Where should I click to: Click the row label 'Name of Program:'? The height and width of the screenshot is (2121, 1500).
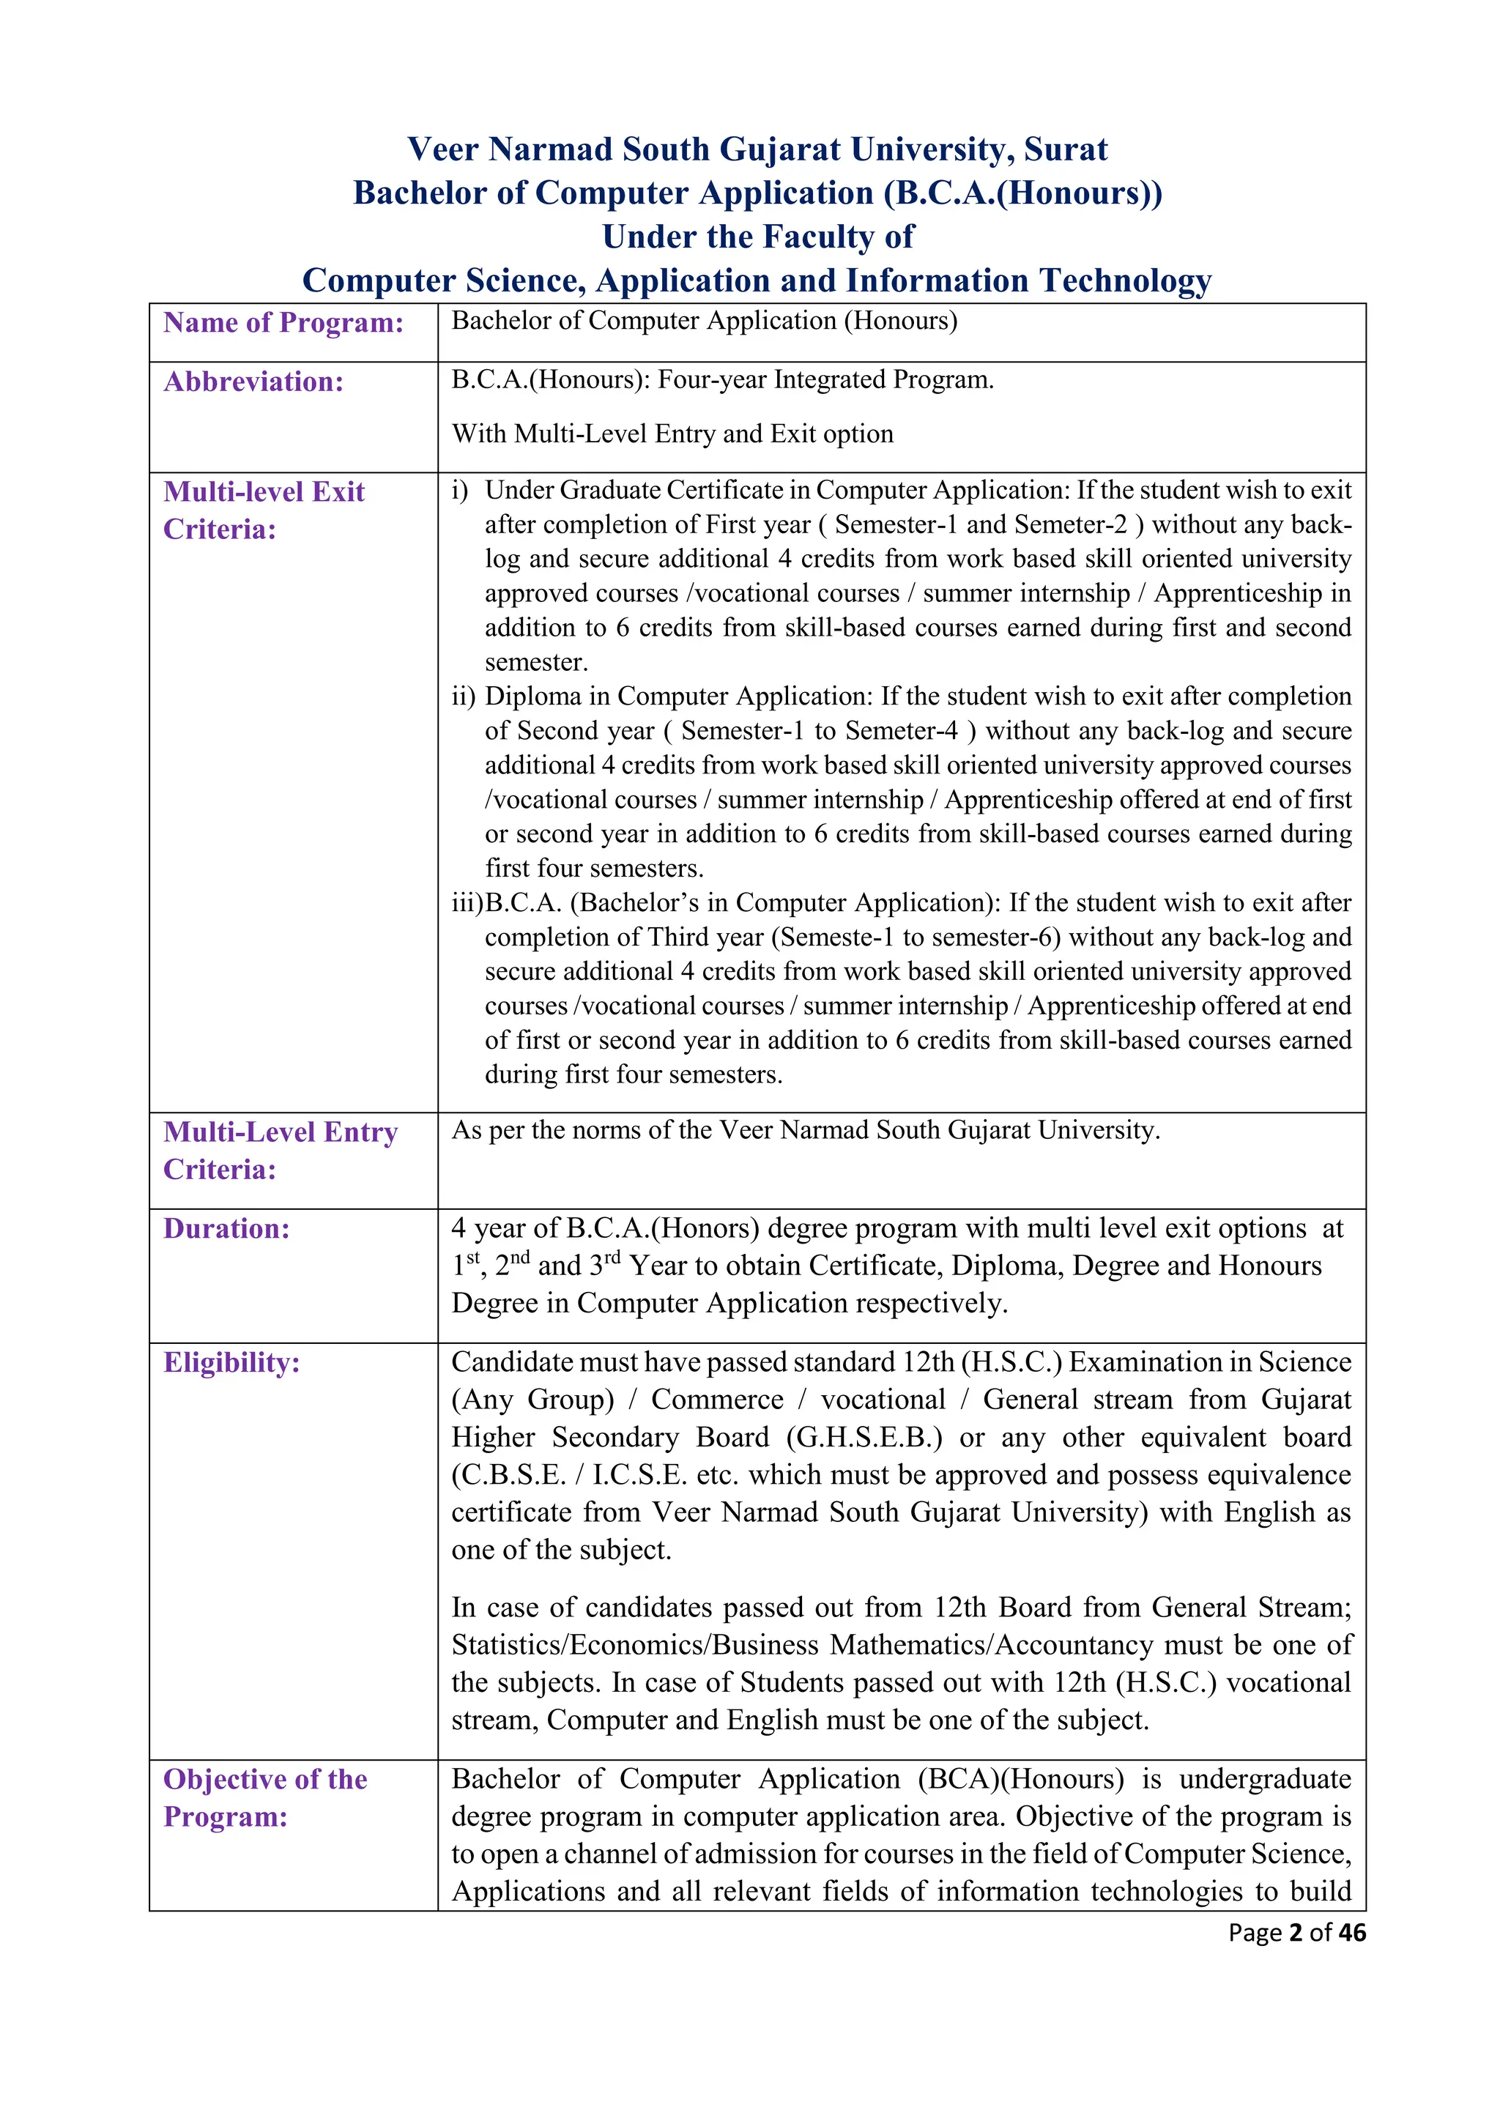(283, 322)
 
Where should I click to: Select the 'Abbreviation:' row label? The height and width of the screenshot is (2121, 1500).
(253, 382)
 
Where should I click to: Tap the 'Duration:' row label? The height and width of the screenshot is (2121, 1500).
(226, 1229)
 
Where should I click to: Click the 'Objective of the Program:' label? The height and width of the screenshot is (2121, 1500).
(265, 1798)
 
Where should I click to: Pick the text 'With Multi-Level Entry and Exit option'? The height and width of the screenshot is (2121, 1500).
(672, 434)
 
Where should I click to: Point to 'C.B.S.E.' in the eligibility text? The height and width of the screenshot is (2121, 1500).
(509, 1475)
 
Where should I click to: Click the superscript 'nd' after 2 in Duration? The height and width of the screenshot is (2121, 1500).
(520, 1258)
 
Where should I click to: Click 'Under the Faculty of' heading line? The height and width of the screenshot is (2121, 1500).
(757, 237)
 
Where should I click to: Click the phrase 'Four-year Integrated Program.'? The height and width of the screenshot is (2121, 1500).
(825, 379)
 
